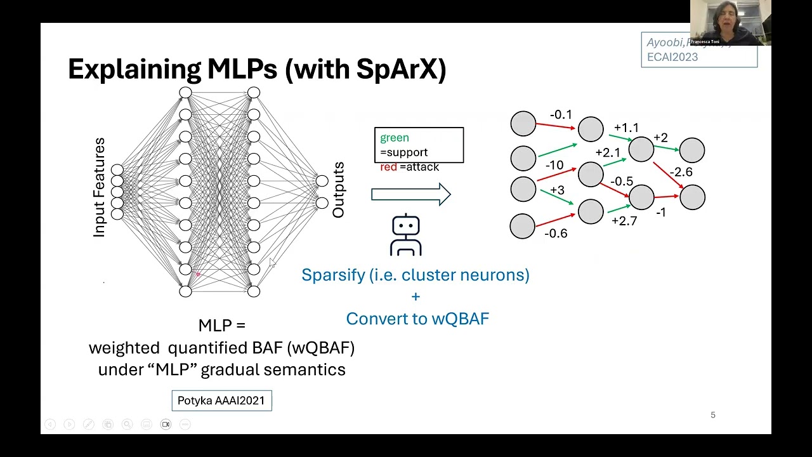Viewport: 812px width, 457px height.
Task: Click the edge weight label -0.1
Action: tap(561, 115)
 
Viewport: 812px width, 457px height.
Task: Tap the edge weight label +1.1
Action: tap(626, 128)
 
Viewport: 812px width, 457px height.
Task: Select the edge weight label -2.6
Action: tap(681, 172)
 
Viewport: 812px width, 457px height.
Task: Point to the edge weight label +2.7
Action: tap(624, 221)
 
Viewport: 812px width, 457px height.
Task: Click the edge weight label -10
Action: tap(554, 165)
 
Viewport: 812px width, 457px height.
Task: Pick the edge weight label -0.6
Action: tap(556, 234)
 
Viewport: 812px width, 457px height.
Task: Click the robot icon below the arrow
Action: tap(406, 235)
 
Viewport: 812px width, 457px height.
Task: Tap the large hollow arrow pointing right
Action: tap(411, 194)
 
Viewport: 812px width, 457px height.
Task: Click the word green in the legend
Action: tap(395, 138)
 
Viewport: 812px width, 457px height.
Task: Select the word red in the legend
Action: tap(388, 167)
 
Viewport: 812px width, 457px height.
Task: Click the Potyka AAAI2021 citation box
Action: tap(221, 401)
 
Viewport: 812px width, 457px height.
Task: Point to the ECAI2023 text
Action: tap(672, 57)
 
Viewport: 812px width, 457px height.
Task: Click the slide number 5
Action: tap(713, 415)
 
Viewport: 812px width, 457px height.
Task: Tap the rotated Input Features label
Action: tap(99, 188)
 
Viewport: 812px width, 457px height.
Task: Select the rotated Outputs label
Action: tap(338, 190)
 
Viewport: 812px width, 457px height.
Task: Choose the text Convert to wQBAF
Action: tap(417, 319)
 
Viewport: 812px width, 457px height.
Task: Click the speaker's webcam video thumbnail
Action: tap(730, 23)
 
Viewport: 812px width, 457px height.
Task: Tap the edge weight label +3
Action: tap(557, 190)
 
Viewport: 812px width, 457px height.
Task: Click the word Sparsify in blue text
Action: tap(332, 275)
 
